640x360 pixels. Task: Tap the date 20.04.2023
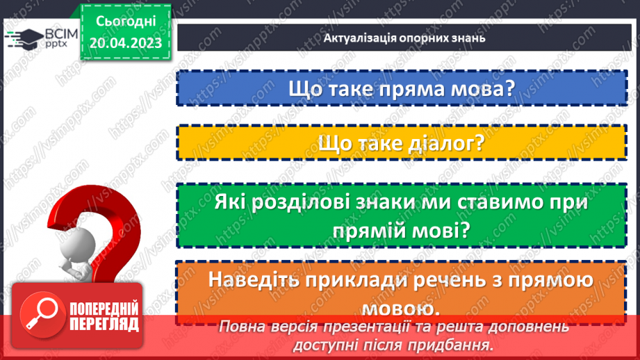(x=125, y=43)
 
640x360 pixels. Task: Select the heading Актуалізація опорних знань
(x=404, y=38)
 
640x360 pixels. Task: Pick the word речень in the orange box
(x=470, y=280)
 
